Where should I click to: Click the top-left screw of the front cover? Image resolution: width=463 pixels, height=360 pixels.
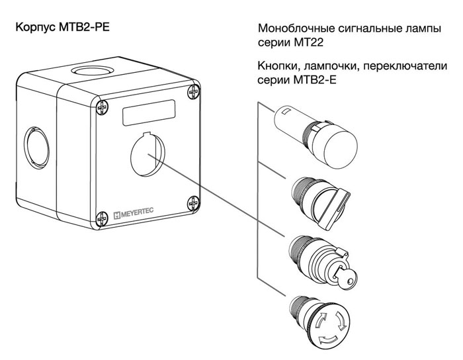(102, 105)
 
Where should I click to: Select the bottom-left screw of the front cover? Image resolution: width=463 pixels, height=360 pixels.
(103, 216)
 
